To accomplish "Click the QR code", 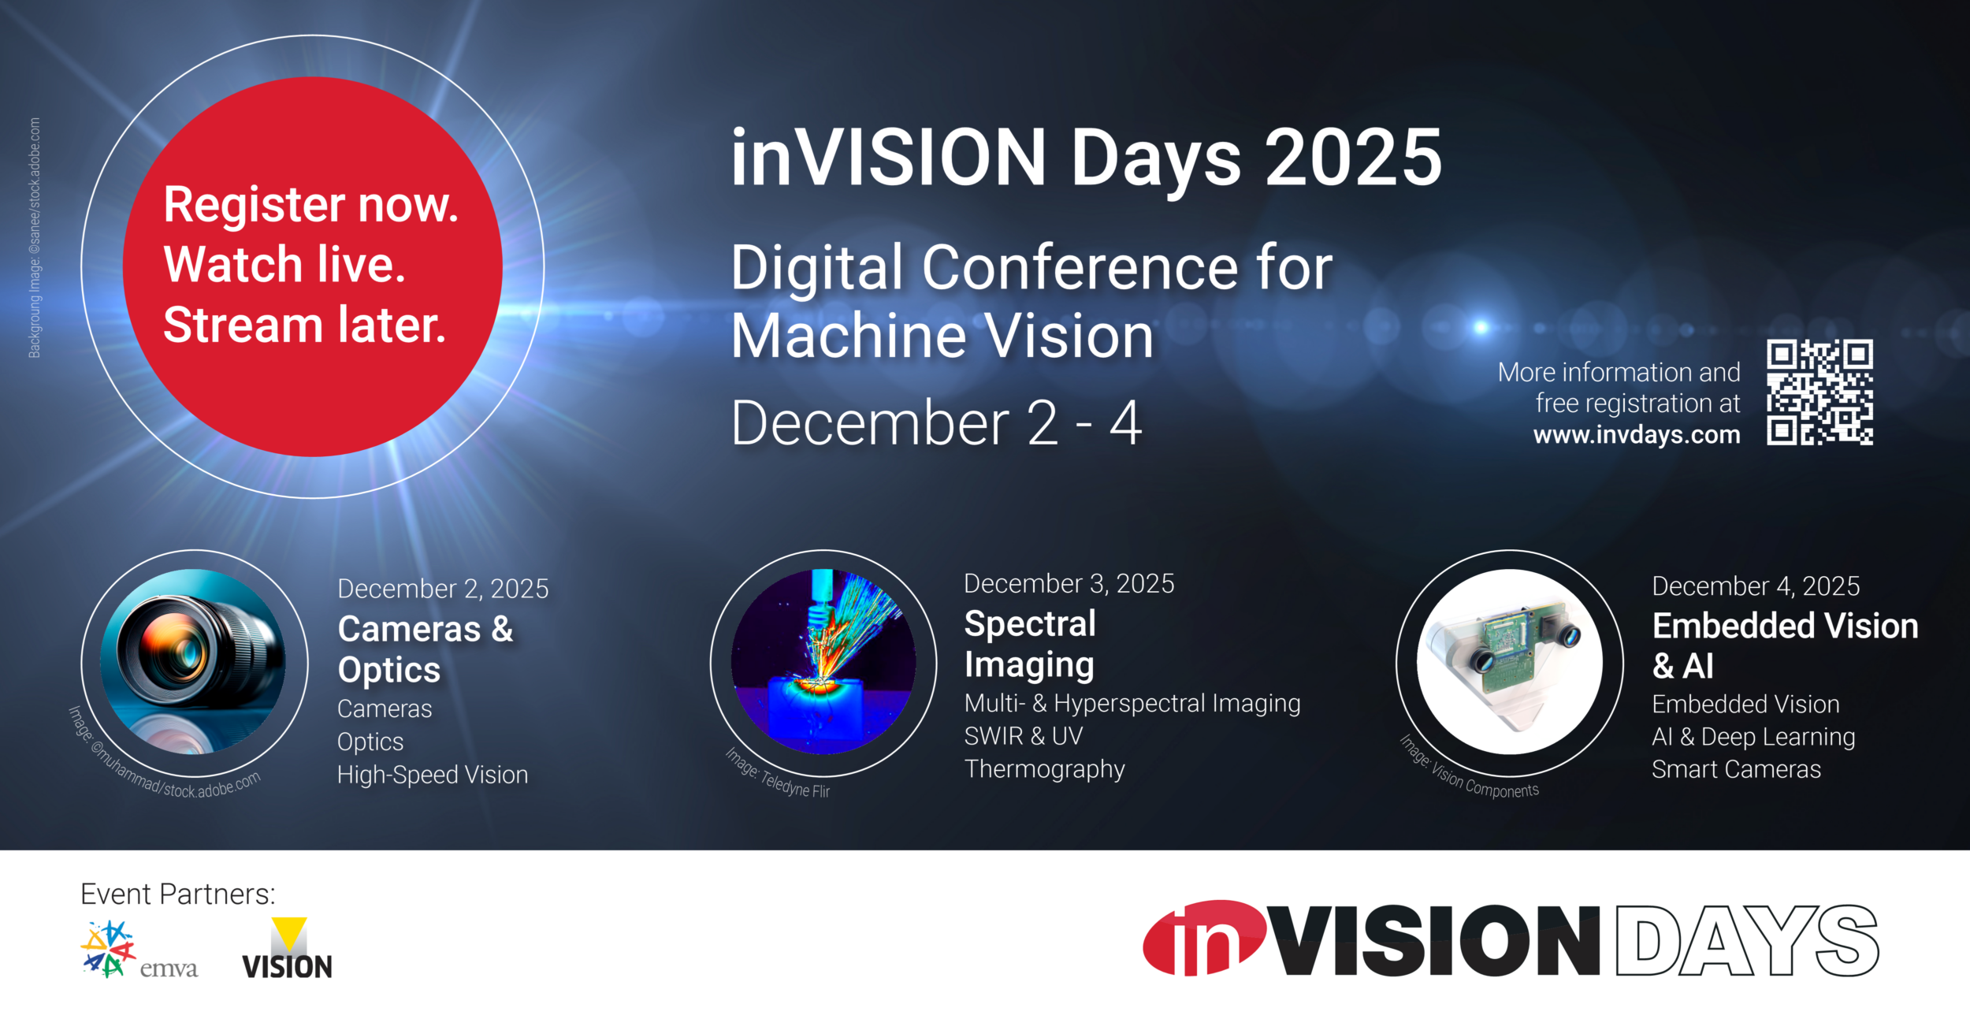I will (x=1819, y=392).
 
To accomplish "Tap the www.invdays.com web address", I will (x=1636, y=434).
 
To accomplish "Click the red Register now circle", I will (x=312, y=266).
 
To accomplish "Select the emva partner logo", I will (x=139, y=950).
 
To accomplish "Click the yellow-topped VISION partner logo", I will (x=287, y=949).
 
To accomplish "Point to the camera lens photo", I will (x=193, y=662).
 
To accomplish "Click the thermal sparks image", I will (x=823, y=662).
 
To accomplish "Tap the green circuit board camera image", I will (x=1508, y=662).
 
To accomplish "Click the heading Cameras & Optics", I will (x=425, y=649).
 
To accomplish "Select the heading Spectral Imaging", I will (x=1029, y=644).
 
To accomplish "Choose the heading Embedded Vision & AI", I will (x=1784, y=645).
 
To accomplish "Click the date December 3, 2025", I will (x=1069, y=583).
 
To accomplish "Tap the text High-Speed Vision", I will (x=432, y=775).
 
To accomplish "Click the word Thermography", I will (x=1044, y=768).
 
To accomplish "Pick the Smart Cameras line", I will (x=1736, y=769).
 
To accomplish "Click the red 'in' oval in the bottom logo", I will (x=1204, y=938).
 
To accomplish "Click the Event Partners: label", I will (x=178, y=894).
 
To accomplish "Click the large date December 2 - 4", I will (x=935, y=423).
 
